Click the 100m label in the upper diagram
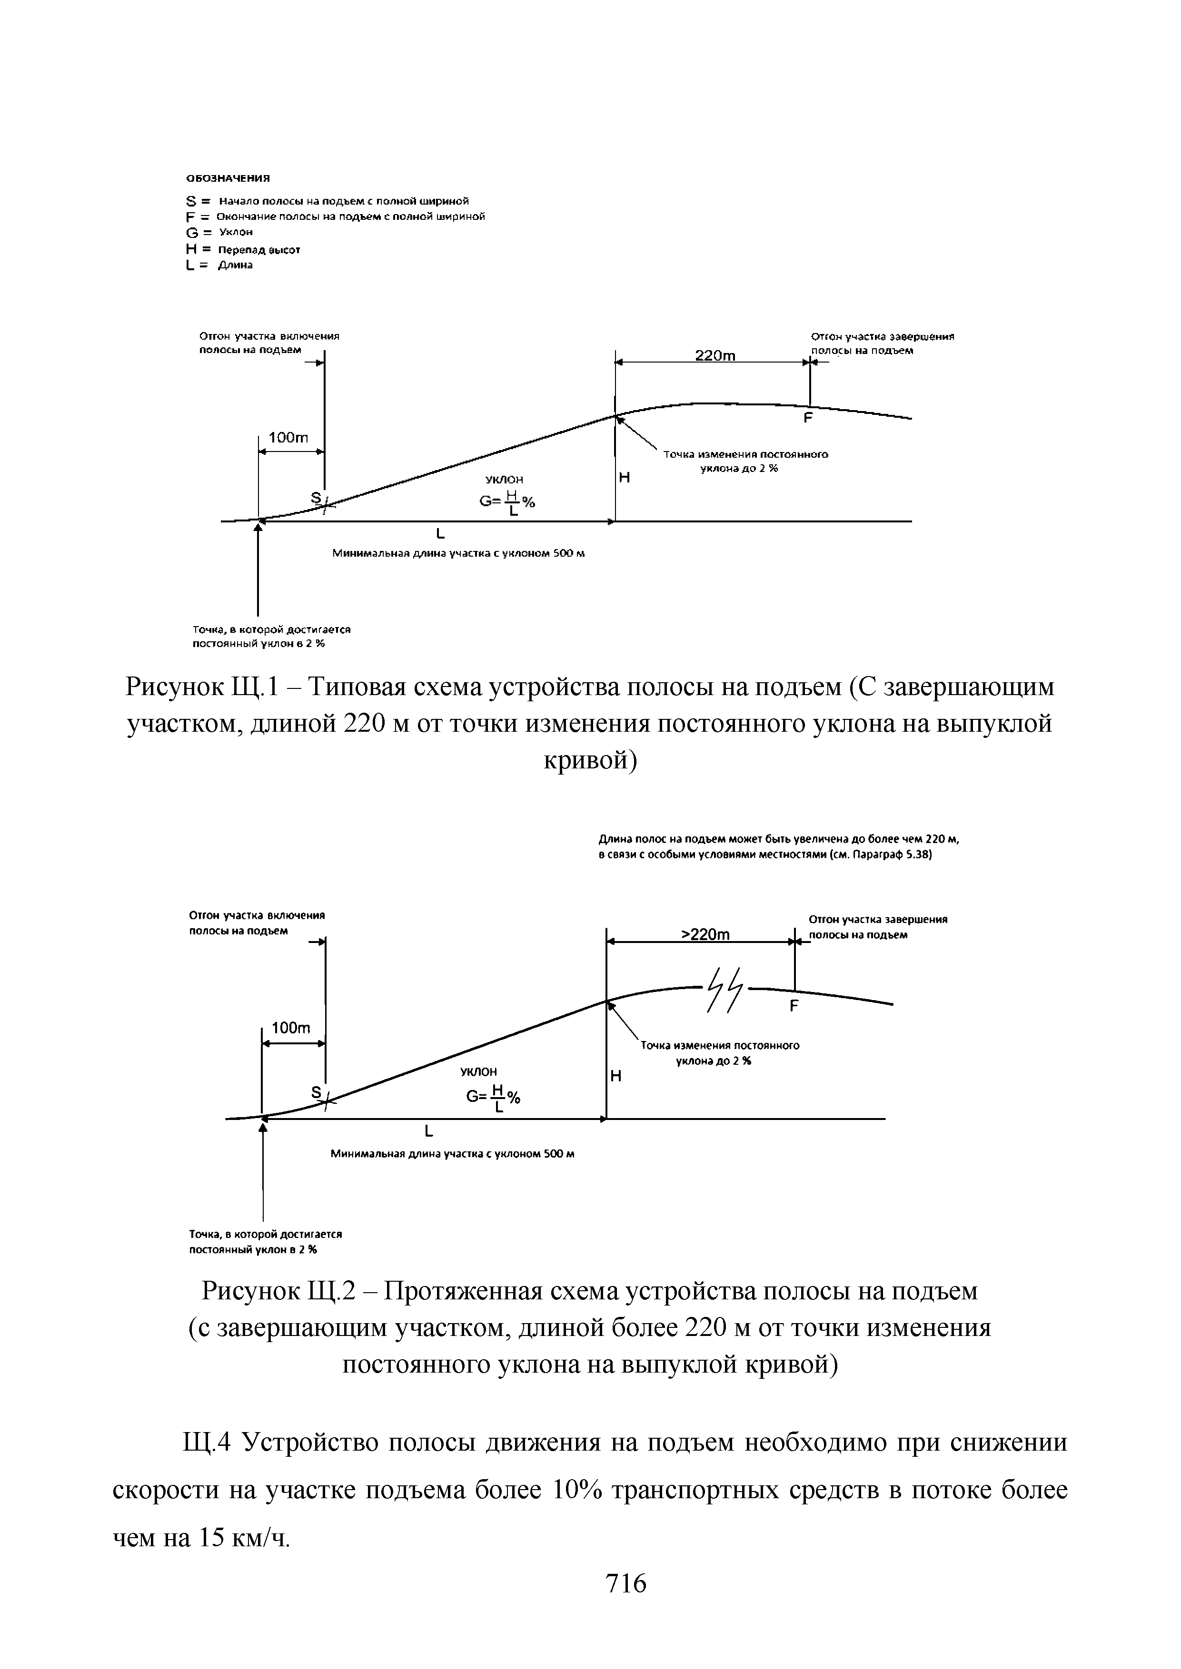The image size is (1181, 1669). [x=289, y=438]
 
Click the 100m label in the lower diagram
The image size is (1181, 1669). [x=290, y=1028]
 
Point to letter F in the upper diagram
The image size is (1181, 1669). [x=807, y=419]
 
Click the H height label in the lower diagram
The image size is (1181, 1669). [x=615, y=1077]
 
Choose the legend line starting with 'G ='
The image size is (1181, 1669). [x=219, y=233]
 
